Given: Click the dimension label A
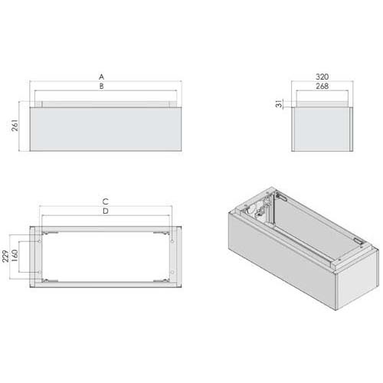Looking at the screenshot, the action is pos(102,77).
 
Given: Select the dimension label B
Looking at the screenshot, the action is pos(102,87).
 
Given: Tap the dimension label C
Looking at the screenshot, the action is pos(106,201).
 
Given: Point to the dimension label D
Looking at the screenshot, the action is pos(106,211).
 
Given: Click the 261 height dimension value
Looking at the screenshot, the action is pos(15,125).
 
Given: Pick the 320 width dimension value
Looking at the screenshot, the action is pos(322,77).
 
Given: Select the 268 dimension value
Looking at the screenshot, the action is pos(322,86).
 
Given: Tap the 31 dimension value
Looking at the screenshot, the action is pos(280,103).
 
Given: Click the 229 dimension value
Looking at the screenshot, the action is pos(5,256).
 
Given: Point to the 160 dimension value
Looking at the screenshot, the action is pos(15,256).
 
